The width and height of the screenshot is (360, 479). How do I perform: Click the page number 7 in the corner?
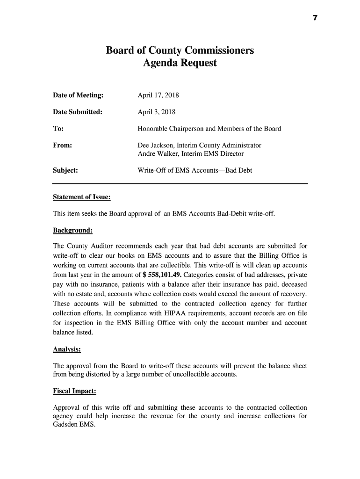click(315, 18)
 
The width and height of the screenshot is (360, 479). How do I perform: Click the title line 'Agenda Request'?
click(180, 63)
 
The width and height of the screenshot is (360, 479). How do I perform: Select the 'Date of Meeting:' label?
click(78, 95)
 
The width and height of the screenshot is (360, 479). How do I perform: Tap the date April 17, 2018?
click(158, 95)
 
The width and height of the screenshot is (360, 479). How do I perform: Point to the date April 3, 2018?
click(157, 112)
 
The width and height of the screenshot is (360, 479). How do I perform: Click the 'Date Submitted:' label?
click(77, 112)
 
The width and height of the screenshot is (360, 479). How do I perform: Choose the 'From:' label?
click(62, 145)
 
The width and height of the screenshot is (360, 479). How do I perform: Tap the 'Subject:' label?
click(65, 170)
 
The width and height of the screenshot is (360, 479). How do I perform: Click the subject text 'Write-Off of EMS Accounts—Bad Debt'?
click(194, 170)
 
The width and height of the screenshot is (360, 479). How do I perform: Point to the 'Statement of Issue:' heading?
click(82, 197)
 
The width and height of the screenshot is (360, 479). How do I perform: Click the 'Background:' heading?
click(72, 231)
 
